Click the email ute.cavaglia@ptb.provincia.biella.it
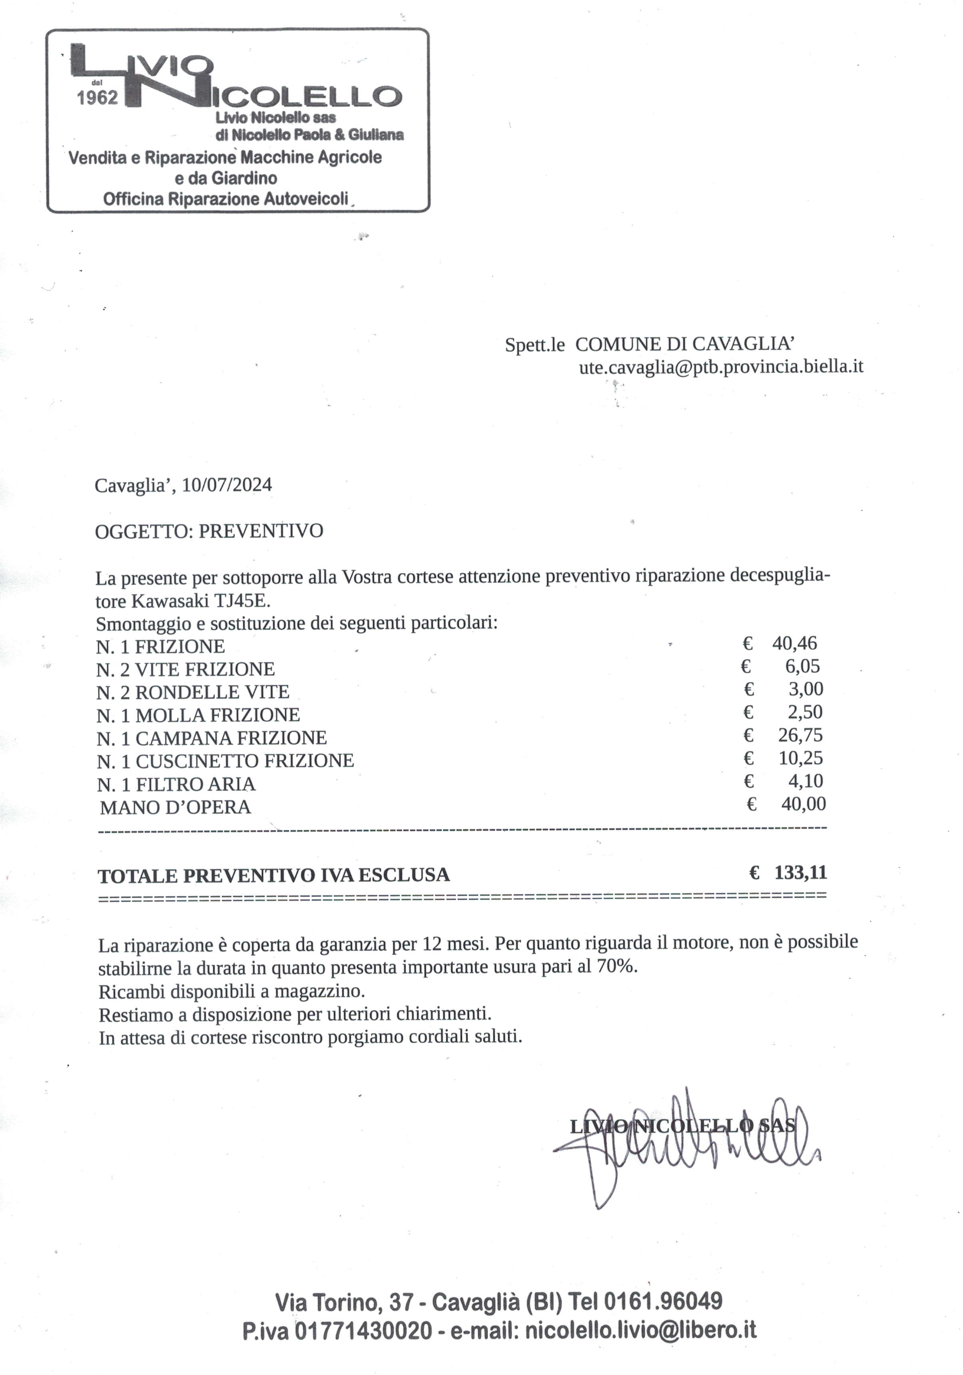click(x=721, y=366)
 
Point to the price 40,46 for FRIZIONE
click(x=794, y=643)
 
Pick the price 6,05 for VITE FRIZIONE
click(x=802, y=666)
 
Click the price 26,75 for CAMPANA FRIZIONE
click(x=800, y=735)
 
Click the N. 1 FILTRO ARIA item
click(x=176, y=784)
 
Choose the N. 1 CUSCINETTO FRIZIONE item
click(x=225, y=761)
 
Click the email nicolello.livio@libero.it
click(x=640, y=1331)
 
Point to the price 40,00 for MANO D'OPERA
click(x=803, y=804)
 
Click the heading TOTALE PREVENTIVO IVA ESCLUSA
click(x=273, y=876)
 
